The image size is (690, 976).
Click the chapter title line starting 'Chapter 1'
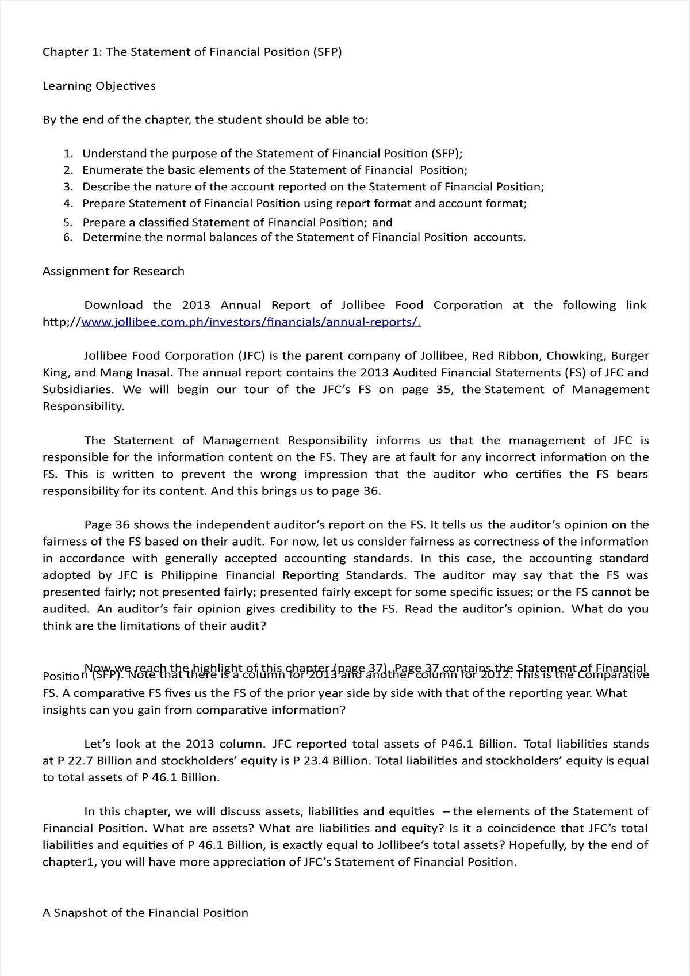coord(192,52)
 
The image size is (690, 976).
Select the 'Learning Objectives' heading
coord(99,86)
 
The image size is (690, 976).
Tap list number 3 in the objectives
coord(68,187)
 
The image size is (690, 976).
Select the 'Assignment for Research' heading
coord(113,272)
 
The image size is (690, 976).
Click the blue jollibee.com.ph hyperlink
coord(251,322)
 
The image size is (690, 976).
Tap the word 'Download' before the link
coord(113,306)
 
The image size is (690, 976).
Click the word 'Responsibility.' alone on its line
coord(83,406)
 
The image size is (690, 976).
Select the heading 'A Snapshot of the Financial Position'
coord(145,913)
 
